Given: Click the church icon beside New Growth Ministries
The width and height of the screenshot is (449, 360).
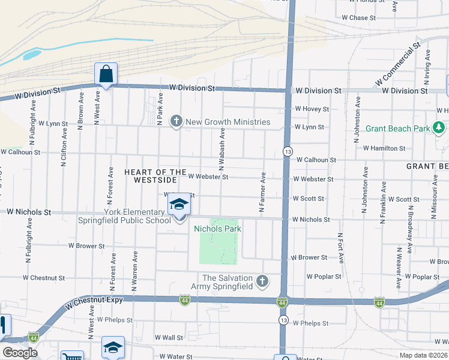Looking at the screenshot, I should click(x=176, y=122).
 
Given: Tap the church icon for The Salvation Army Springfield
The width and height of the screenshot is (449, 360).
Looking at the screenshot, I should click(x=262, y=281).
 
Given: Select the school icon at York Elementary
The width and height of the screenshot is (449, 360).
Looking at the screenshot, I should click(x=178, y=207).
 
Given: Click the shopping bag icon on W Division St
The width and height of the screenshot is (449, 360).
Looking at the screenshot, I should click(x=106, y=75).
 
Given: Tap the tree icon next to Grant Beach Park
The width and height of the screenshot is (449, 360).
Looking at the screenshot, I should click(x=439, y=128).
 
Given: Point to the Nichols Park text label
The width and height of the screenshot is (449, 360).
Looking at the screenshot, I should click(x=217, y=229).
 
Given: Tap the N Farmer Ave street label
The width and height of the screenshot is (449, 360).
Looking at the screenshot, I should click(x=262, y=192).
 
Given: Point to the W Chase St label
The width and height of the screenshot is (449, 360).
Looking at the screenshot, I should click(x=358, y=18).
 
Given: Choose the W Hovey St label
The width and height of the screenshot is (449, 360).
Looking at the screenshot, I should click(x=312, y=109).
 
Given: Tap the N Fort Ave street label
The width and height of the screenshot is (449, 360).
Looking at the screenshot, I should click(x=340, y=248).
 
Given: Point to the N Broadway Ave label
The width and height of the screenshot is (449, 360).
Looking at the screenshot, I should click(x=411, y=228).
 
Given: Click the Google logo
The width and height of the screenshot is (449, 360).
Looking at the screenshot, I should click(x=20, y=353).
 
